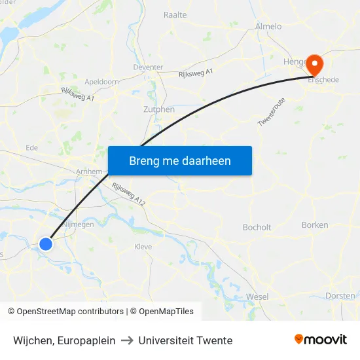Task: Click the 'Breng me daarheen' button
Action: coord(180,160)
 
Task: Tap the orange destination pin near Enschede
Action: coord(315,63)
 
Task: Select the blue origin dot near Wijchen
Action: coord(46,244)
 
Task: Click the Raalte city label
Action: coord(175,14)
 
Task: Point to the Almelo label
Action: coord(268,26)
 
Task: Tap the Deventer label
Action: coord(148,67)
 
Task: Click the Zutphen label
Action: coord(159,109)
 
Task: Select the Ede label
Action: coord(31,148)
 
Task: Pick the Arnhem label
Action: coord(89,171)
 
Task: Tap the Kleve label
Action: coord(143,247)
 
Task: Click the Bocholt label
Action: coord(257,227)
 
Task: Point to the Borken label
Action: coord(315,225)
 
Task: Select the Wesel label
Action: coord(257,297)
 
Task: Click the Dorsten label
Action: coord(340,296)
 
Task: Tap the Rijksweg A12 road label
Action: coord(128,195)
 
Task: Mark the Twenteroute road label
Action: coord(272,113)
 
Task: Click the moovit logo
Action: coord(321,339)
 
